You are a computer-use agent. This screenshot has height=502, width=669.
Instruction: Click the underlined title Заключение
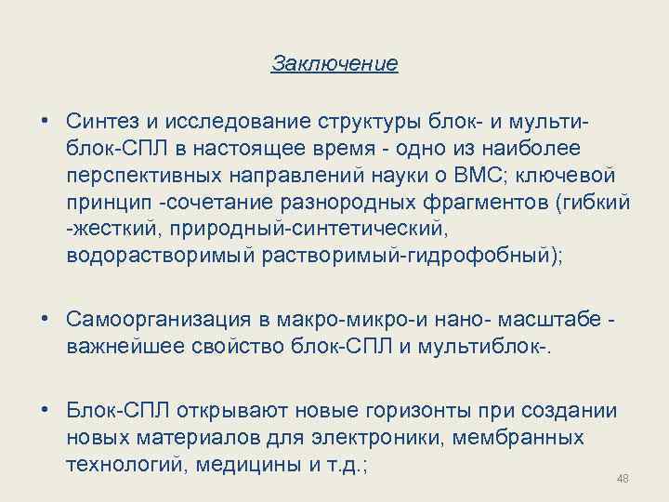(x=334, y=64)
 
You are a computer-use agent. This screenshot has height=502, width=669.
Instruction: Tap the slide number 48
(x=623, y=479)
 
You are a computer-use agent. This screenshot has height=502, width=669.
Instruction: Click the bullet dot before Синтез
(x=46, y=122)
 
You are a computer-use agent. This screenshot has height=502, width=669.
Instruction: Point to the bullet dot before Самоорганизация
(x=46, y=321)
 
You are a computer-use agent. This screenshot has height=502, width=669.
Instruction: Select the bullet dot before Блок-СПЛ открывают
(x=46, y=410)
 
